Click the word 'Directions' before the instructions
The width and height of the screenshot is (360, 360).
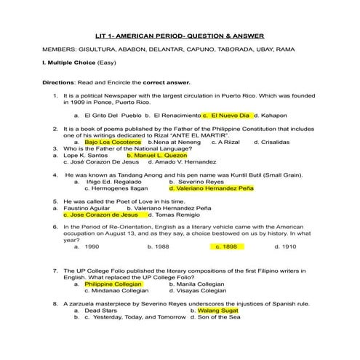[60, 83]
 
